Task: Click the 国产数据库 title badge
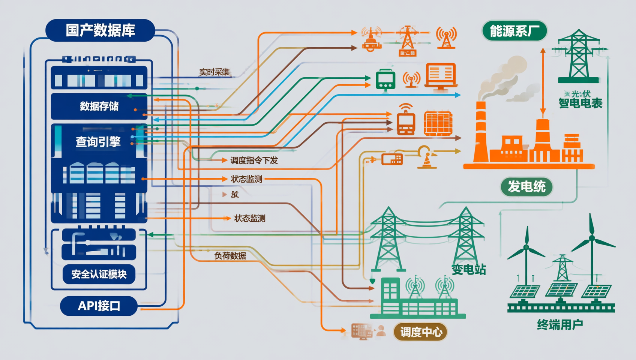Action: click(100, 30)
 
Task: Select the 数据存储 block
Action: click(99, 106)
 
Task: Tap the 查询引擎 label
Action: click(98, 142)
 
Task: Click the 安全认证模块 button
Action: click(99, 274)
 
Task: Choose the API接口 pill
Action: click(99, 306)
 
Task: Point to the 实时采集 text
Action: click(214, 72)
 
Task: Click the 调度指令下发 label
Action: click(254, 160)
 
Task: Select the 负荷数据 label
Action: click(230, 256)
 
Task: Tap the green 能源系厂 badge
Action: click(514, 31)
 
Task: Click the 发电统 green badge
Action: click(526, 186)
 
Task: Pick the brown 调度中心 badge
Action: click(421, 332)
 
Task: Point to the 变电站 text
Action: click(468, 269)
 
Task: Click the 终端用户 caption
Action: click(560, 324)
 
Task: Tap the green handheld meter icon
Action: click(385, 79)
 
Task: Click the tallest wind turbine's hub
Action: click(592, 238)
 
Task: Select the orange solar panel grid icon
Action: click(438, 123)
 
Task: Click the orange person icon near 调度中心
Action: click(381, 330)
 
